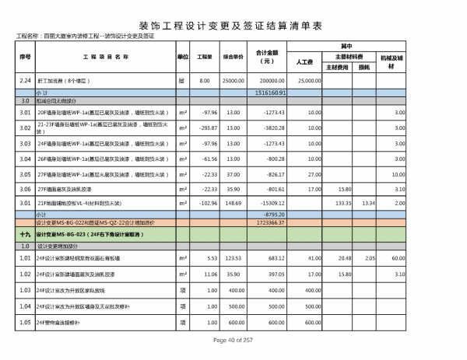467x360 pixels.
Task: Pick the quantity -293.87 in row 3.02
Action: click(x=204, y=127)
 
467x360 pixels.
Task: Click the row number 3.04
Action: click(x=25, y=158)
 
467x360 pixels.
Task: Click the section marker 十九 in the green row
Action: click(x=25, y=232)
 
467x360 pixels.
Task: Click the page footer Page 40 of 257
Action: click(x=233, y=341)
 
